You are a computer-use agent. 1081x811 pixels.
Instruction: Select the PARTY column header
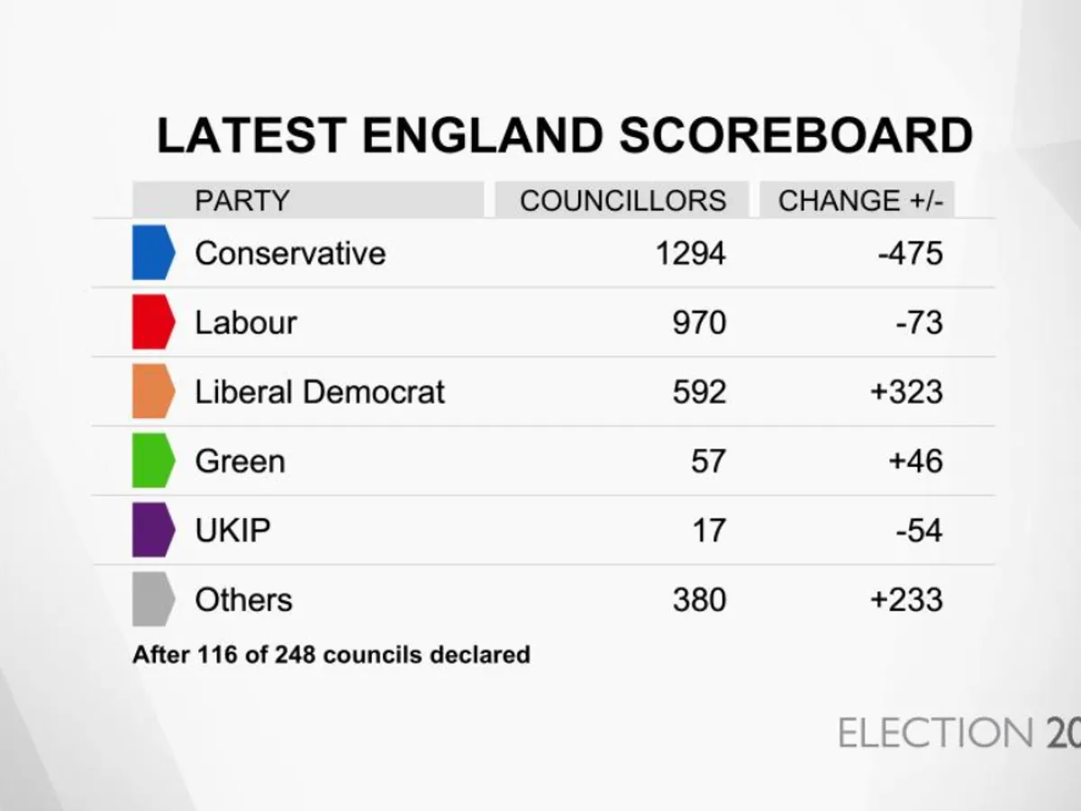coord(241,200)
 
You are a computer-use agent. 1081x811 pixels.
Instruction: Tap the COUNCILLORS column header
coord(622,200)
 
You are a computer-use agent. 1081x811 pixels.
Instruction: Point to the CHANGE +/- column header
coord(860,200)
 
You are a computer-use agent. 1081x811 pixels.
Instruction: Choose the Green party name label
coord(240,461)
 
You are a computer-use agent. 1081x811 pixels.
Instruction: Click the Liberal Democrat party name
coord(320,392)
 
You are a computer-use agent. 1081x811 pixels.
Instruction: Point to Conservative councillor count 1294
coord(690,253)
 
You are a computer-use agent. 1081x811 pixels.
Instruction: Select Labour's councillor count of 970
coord(699,323)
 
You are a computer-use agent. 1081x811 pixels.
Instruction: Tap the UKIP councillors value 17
coord(708,530)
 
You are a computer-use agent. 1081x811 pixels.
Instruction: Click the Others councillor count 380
coord(699,599)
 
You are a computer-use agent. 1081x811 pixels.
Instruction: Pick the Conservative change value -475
coord(910,253)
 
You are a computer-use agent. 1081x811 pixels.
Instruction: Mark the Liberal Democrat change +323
coord(906,392)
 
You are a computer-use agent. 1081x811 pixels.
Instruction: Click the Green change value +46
coord(914,461)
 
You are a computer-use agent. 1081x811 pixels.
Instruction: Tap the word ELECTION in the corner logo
coord(935,734)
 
